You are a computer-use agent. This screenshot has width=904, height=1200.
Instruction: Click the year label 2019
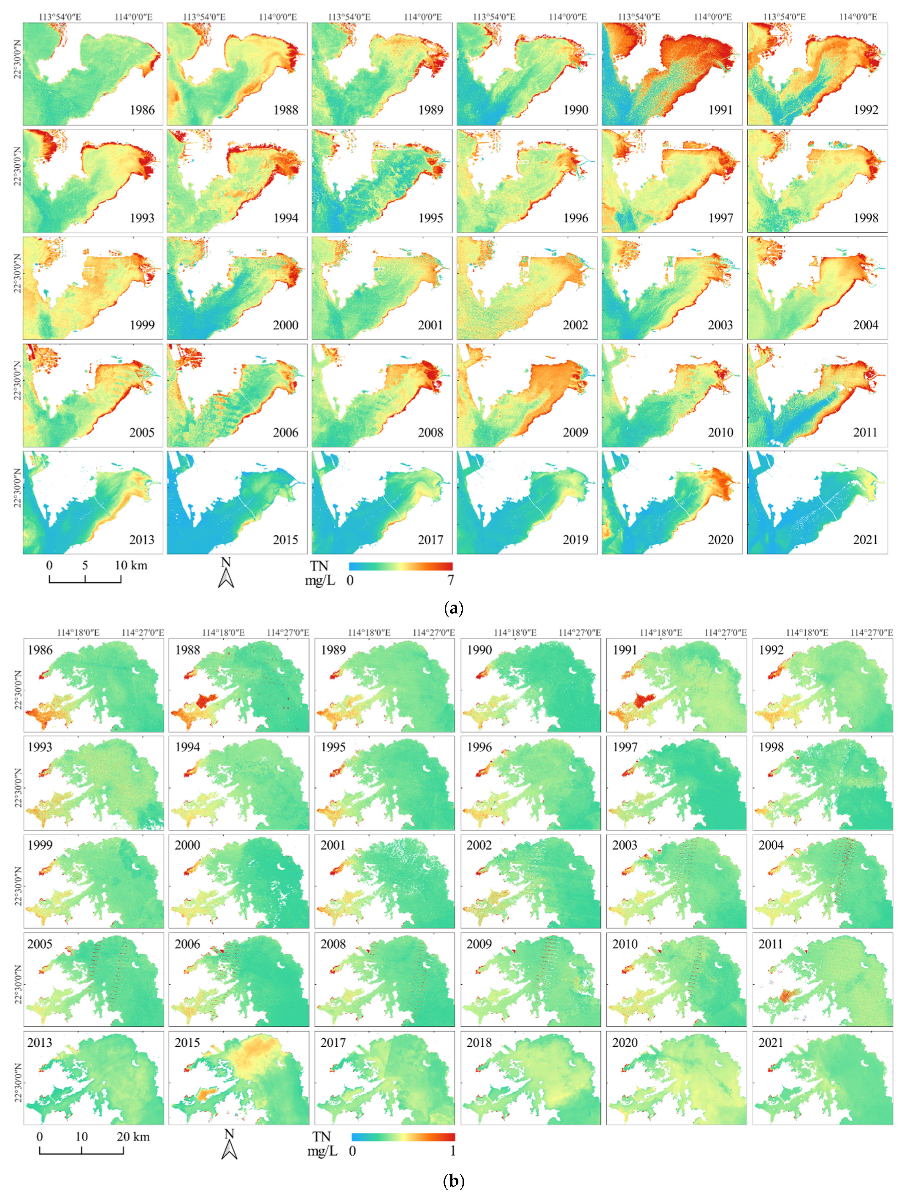[575, 540]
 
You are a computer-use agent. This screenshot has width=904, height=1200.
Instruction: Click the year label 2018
[479, 1043]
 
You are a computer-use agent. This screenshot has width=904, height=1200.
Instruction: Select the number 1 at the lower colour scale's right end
[453, 1151]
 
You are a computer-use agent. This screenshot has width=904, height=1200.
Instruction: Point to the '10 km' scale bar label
[131, 565]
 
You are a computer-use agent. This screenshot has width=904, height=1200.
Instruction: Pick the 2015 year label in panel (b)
[187, 1043]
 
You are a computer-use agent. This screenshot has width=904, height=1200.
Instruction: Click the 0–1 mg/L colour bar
[403, 1137]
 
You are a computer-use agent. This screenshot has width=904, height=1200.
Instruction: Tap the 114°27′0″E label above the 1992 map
[872, 633]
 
